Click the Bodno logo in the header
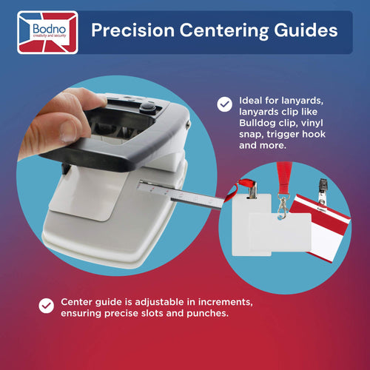pyautogui.click(x=47, y=33)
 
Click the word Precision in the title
pyautogui.click(x=133, y=30)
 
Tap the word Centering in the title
pyautogui.click(x=224, y=31)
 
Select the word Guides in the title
pyautogui.click(x=306, y=30)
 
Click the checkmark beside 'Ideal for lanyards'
pyautogui.click(x=224, y=104)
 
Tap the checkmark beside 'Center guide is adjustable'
pyautogui.click(x=47, y=306)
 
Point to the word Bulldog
pyautogui.click(x=257, y=123)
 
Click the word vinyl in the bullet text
pyautogui.click(x=312, y=123)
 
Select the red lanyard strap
pyautogui.click(x=284, y=177)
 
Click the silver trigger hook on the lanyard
pyautogui.click(x=283, y=206)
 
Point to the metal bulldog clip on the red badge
pyautogui.click(x=323, y=195)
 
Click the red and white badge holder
pyautogui.click(x=320, y=228)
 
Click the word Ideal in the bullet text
pyautogui.click(x=251, y=101)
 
